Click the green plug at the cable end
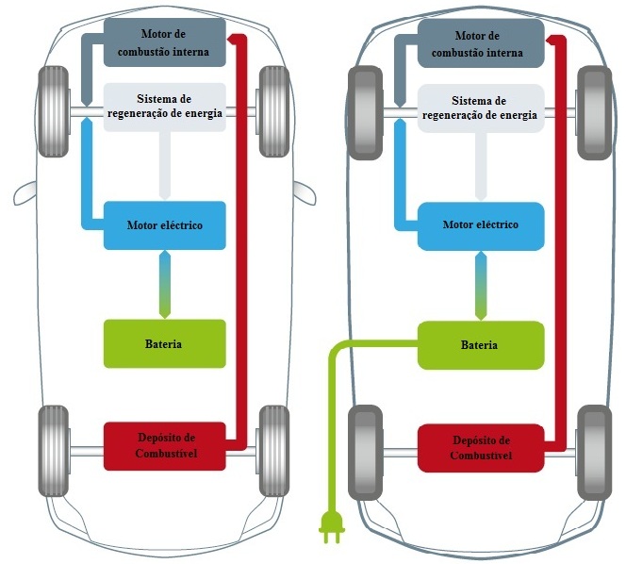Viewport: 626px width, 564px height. click(x=332, y=527)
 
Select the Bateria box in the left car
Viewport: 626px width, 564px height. click(x=164, y=343)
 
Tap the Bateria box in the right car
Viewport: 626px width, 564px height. click(x=480, y=344)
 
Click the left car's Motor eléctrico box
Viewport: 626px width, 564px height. click(x=164, y=225)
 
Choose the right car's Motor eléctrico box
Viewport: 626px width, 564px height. click(x=480, y=225)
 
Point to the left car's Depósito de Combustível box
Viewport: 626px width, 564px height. click(x=164, y=446)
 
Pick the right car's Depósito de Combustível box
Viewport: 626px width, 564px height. click(x=480, y=448)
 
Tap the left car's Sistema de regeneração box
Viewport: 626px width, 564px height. click(x=164, y=108)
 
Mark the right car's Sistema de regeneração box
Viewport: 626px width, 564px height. click(x=480, y=108)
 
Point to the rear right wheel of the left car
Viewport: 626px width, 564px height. click(x=273, y=451)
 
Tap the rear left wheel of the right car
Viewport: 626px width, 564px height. click(x=366, y=452)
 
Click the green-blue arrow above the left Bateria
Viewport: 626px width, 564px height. click(x=164, y=284)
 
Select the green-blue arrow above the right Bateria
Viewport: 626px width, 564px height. click(x=480, y=284)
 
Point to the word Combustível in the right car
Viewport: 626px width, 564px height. click(x=480, y=456)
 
